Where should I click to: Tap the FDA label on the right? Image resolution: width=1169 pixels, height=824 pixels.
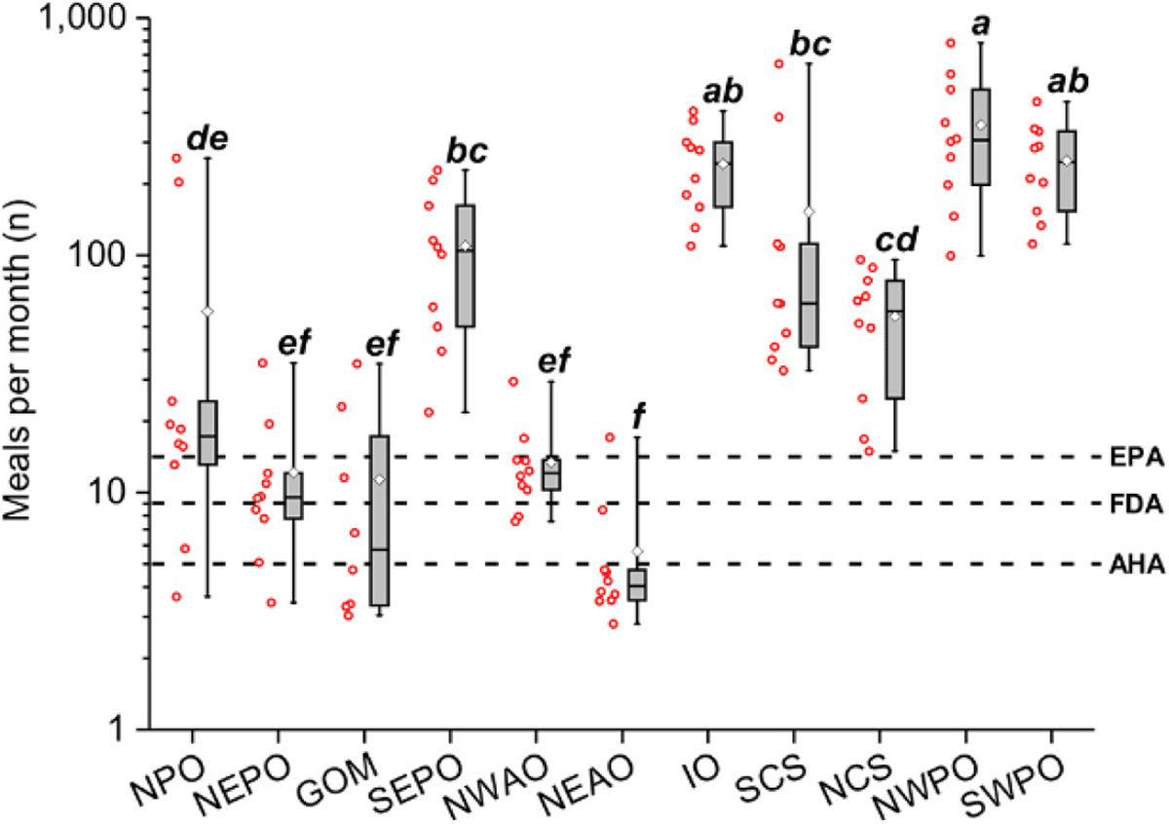(x=1136, y=504)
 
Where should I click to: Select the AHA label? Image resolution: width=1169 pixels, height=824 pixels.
(x=1136, y=564)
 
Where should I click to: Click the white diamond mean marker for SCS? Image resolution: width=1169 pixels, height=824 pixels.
(x=808, y=211)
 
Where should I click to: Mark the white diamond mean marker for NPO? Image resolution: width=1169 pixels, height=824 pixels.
(x=207, y=311)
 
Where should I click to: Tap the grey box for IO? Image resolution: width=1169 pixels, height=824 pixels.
(x=722, y=173)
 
